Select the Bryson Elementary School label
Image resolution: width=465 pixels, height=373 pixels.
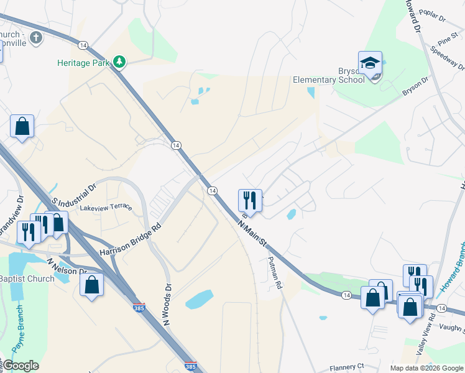(x=329, y=75)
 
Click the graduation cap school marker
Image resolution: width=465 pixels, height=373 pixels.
(x=370, y=63)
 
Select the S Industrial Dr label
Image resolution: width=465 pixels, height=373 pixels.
(x=75, y=194)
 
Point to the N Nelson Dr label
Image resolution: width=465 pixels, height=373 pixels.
(x=67, y=266)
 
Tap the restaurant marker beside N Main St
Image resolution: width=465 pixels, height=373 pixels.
(x=250, y=200)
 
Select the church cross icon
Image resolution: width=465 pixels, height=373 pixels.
(x=36, y=38)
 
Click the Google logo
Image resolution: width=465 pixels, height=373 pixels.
(x=20, y=366)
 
